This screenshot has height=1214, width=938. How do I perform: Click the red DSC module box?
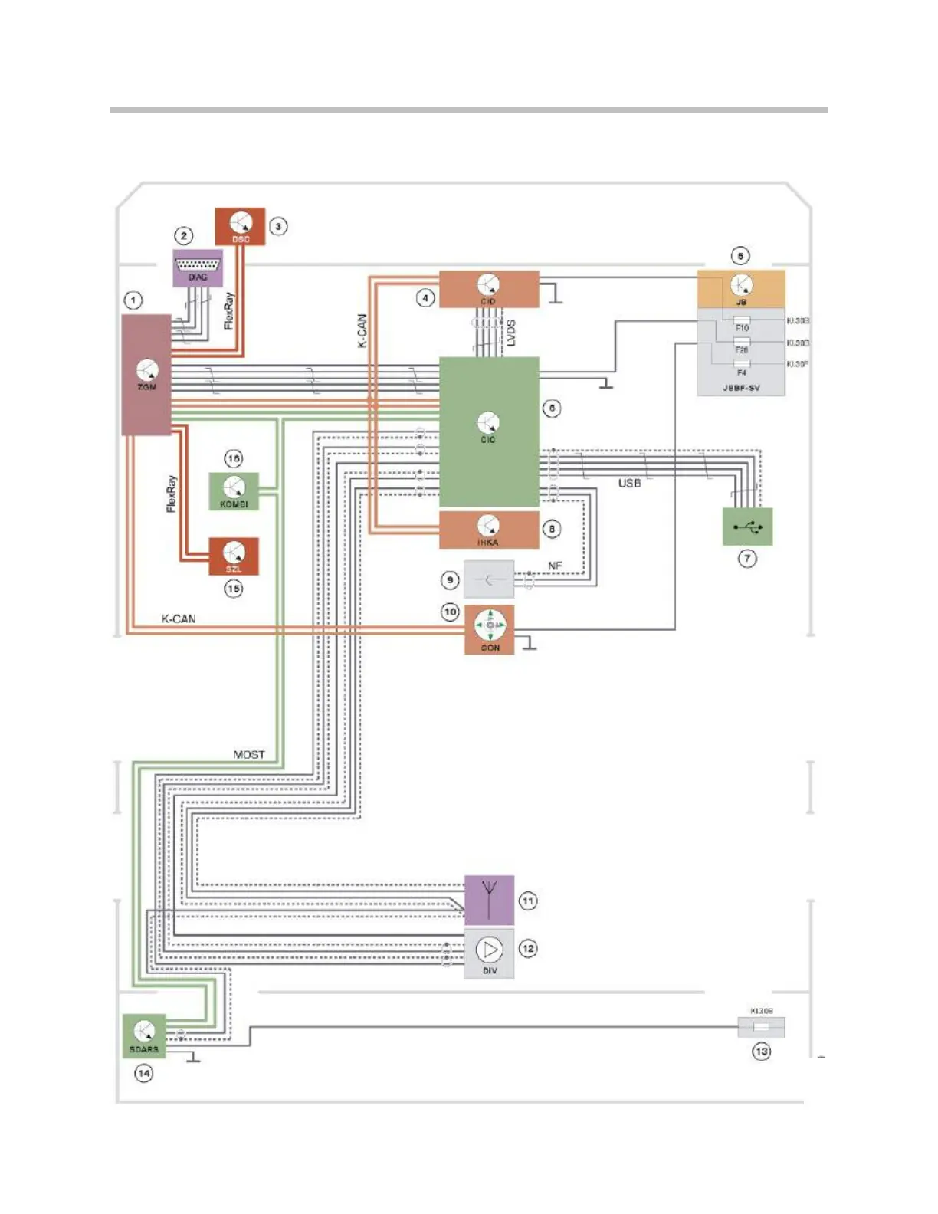click(x=240, y=226)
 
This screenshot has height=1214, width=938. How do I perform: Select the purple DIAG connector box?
click(x=198, y=268)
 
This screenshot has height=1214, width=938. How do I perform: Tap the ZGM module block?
click(x=146, y=375)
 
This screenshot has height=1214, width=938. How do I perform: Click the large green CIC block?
click(x=489, y=431)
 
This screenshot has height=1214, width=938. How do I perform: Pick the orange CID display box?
click(x=489, y=289)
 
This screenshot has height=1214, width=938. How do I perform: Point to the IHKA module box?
click(x=489, y=530)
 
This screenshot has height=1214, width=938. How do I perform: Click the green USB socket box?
click(x=747, y=527)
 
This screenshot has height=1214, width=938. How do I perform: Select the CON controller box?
click(x=490, y=630)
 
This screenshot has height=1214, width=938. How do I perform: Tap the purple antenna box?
click(x=489, y=900)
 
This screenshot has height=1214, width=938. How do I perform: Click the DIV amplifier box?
click(x=489, y=955)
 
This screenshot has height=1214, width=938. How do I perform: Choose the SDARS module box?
click(x=144, y=1035)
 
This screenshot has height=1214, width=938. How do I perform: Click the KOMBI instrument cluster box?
click(x=234, y=491)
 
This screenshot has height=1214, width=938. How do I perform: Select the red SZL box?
click(x=234, y=556)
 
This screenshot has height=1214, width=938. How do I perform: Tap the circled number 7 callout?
click(x=747, y=559)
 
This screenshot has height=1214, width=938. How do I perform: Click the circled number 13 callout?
click(x=761, y=1052)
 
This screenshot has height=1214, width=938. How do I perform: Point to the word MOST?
click(x=249, y=755)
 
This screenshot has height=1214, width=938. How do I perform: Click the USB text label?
click(x=629, y=484)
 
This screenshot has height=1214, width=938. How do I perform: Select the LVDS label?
click(x=511, y=333)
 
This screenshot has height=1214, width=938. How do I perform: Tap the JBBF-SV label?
click(x=741, y=388)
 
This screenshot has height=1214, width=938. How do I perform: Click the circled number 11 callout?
click(x=528, y=901)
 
